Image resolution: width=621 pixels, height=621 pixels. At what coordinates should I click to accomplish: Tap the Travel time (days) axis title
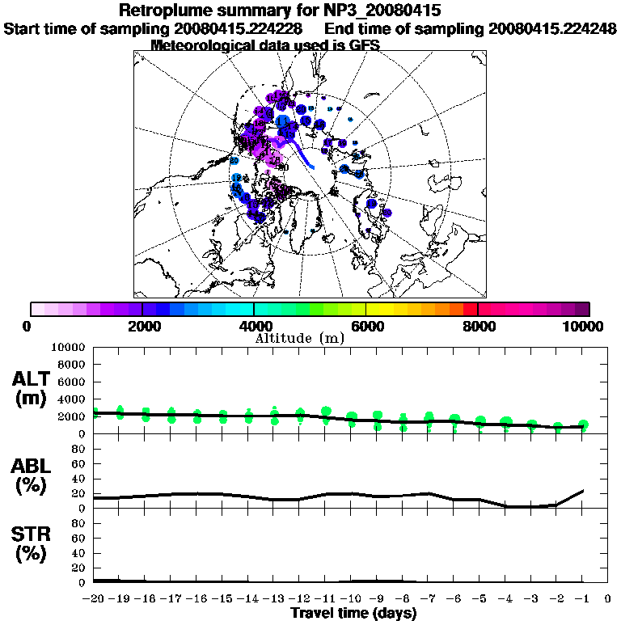[353, 613]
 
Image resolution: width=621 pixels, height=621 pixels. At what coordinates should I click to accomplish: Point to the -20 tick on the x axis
[95, 598]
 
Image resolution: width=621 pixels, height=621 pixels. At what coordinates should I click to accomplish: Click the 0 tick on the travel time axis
[607, 598]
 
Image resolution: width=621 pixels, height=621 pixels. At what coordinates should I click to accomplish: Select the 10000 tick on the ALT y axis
[69, 348]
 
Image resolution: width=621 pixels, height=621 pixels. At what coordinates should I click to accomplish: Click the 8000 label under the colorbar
[478, 326]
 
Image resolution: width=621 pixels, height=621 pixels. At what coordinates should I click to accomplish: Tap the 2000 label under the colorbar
[142, 326]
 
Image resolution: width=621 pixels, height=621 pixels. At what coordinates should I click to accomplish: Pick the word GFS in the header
[364, 45]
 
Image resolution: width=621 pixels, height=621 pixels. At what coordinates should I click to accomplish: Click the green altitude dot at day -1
[582, 425]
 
